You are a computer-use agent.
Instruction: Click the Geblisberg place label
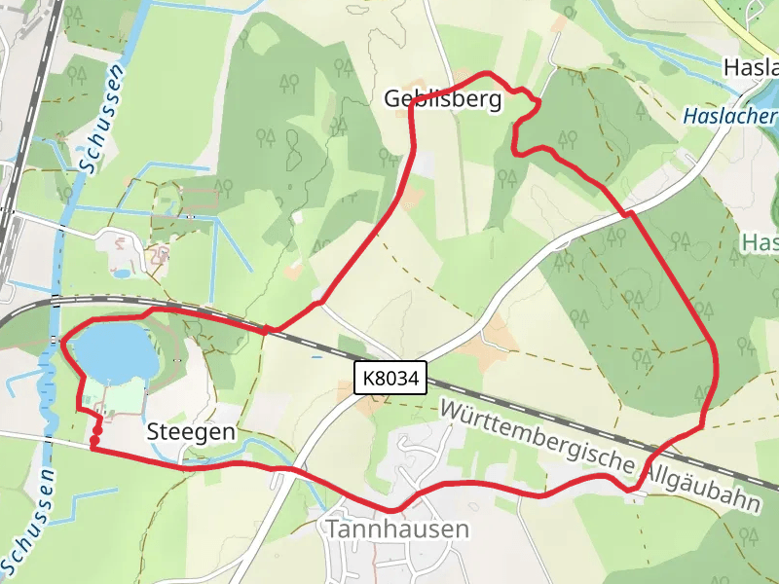click(442, 98)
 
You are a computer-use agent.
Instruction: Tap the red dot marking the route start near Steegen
click(93, 444)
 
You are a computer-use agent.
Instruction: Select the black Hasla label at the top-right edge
click(751, 67)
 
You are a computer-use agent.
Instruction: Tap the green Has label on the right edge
click(760, 242)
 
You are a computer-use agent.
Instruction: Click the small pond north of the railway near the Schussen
click(123, 274)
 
